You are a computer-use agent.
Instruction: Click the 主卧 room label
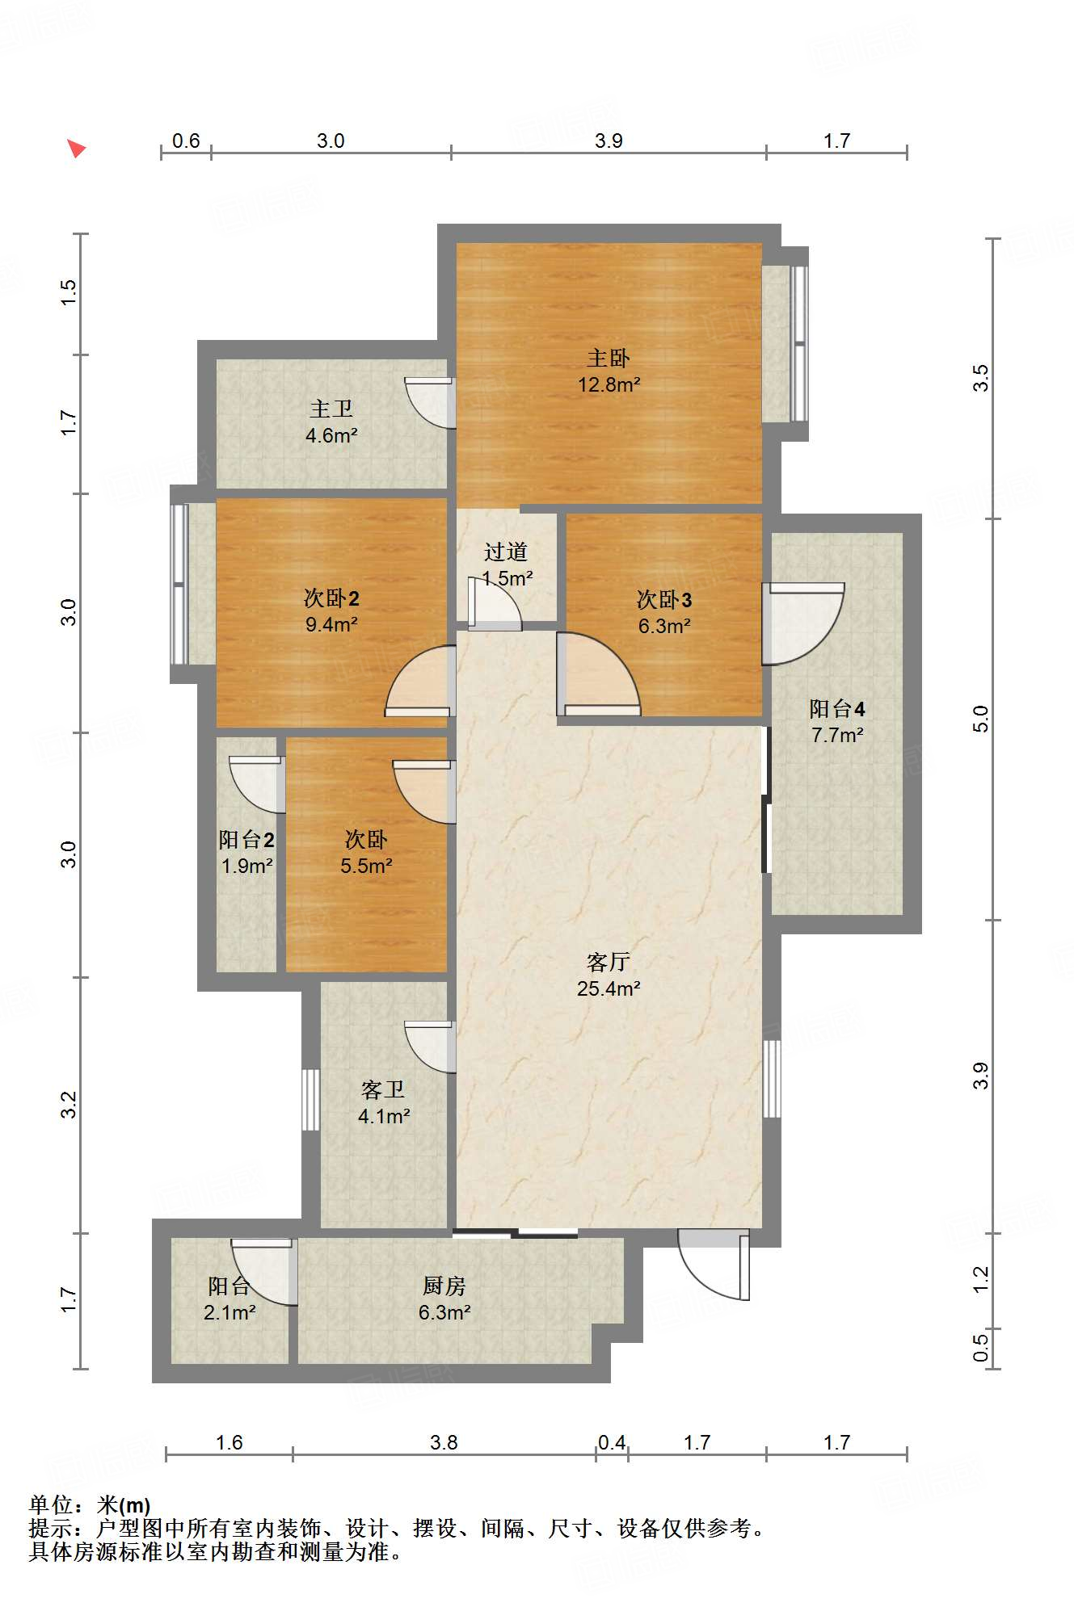[608, 358]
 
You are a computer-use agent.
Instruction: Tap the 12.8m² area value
[609, 384]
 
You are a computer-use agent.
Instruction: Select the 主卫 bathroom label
[331, 409]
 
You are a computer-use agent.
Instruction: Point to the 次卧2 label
[331, 598]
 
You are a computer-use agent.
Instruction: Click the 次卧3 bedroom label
[664, 599]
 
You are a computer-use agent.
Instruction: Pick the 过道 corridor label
[506, 552]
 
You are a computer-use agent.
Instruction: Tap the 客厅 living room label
[609, 962]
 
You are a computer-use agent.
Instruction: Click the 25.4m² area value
[609, 988]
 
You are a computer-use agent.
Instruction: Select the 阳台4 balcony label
[837, 708]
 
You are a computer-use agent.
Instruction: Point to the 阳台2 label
[246, 839]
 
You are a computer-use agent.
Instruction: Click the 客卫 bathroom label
[383, 1089]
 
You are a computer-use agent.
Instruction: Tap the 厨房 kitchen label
[444, 1286]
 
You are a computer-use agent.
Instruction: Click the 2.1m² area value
[230, 1312]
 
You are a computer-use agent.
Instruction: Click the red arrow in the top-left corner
[76, 148]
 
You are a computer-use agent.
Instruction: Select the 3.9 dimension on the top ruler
[609, 141]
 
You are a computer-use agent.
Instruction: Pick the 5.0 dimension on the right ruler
[980, 719]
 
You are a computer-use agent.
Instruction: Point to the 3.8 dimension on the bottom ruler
[444, 1442]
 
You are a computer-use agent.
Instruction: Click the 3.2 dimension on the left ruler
[69, 1105]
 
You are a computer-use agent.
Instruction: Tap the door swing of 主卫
[429, 402]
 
